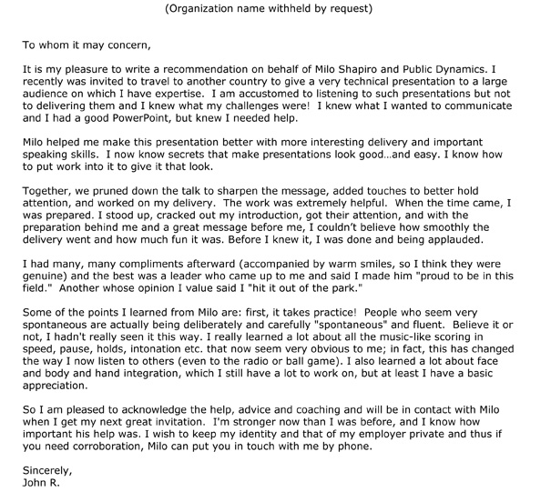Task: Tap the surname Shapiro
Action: (370, 68)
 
